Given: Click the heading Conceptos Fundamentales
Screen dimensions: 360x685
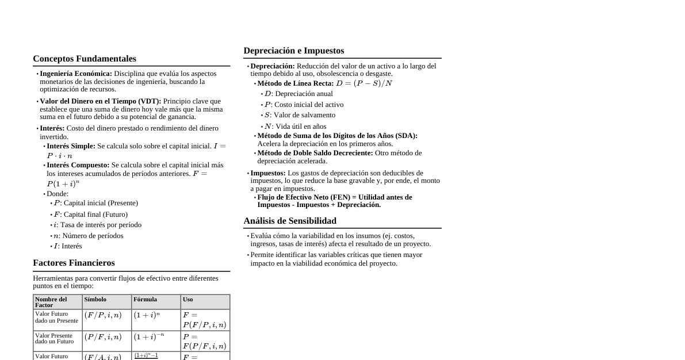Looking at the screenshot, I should [x=85, y=59].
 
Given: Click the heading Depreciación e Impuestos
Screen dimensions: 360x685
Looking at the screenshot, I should [x=293, y=51].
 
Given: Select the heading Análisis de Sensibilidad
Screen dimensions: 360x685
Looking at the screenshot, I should [x=290, y=221].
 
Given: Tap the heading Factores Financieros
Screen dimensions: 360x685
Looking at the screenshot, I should [x=74, y=263].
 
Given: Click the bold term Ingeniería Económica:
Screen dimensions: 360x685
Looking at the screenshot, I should [x=76, y=74].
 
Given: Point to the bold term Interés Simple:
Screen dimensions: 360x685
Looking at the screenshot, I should [x=71, y=146].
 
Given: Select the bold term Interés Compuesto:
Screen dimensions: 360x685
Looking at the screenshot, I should [x=78, y=165].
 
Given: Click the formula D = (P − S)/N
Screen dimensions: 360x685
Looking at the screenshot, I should [x=364, y=83].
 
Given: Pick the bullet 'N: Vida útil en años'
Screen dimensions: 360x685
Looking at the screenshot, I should [x=295, y=127].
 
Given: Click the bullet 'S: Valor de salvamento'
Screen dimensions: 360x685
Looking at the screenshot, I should [x=300, y=115].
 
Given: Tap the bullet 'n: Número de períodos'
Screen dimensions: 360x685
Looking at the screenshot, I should [x=88, y=236].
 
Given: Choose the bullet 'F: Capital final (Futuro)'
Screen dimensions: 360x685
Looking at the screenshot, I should [x=90, y=215].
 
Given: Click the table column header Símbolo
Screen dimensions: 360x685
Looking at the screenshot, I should [x=95, y=300].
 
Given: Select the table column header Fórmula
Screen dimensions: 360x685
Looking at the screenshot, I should [x=145, y=300].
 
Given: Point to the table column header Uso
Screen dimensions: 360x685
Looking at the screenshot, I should [x=188, y=300].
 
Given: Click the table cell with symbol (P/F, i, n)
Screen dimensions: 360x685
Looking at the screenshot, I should [x=103, y=338].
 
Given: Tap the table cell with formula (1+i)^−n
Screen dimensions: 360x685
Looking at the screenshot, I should [x=148, y=337].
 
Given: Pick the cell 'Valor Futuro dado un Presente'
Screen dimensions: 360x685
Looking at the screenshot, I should [x=56, y=317].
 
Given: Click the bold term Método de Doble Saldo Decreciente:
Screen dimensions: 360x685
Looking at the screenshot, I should [x=315, y=153].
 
